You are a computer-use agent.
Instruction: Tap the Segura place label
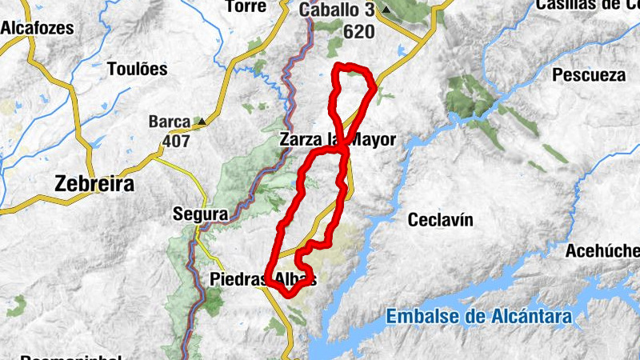click(200, 214)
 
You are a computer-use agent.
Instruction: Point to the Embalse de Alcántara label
click(479, 317)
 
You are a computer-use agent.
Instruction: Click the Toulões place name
click(138, 69)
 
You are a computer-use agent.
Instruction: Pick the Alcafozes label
click(37, 28)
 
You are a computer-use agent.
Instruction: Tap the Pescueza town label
click(588, 75)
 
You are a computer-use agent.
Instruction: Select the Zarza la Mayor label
click(338, 139)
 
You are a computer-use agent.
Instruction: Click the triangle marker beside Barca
click(202, 122)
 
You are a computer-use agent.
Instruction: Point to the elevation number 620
click(358, 32)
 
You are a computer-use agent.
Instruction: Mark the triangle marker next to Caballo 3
click(386, 10)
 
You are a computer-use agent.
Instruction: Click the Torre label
click(246, 6)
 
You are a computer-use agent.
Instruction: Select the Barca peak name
click(170, 122)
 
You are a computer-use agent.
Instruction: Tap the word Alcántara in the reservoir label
click(532, 317)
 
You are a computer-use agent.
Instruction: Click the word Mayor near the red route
click(373, 139)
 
